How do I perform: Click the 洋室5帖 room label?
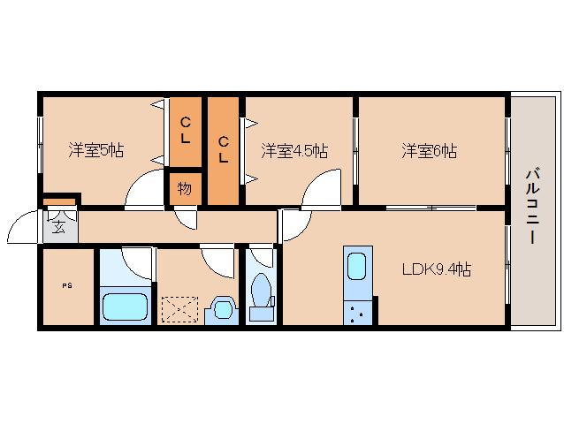pyautogui.click(x=95, y=150)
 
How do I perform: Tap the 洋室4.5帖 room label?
pyautogui.click(x=293, y=150)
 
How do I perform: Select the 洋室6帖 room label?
pyautogui.click(x=430, y=150)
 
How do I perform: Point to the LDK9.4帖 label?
pyautogui.click(x=437, y=269)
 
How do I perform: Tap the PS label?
pyautogui.click(x=67, y=285)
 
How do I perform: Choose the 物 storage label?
pyautogui.click(x=185, y=189)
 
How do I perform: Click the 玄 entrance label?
pyautogui.click(x=58, y=226)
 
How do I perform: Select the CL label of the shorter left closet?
pyautogui.click(x=186, y=130)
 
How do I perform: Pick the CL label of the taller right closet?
pyautogui.click(x=224, y=148)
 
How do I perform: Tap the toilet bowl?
pyautogui.click(x=262, y=290)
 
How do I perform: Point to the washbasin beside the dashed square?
pyautogui.click(x=221, y=309)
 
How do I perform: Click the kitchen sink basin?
pyautogui.click(x=357, y=265)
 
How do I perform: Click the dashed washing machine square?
pyautogui.click(x=180, y=310)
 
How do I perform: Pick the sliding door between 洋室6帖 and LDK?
pyautogui.click(x=431, y=208)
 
